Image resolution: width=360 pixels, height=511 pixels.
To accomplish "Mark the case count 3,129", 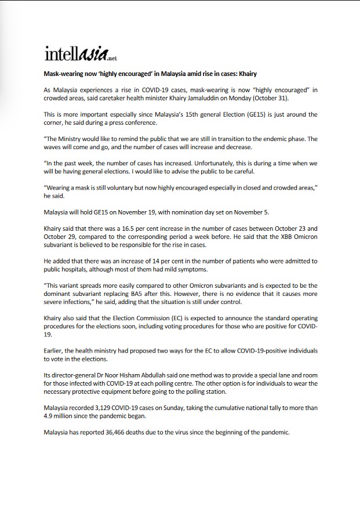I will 99,408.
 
